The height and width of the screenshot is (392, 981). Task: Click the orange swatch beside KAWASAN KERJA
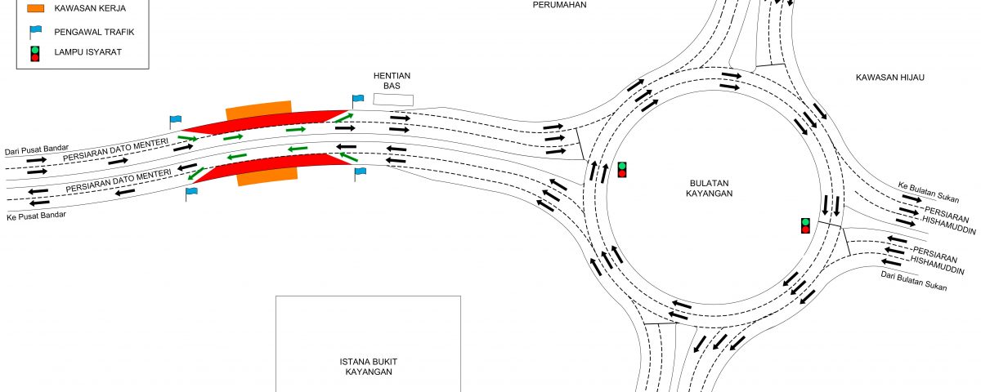tap(35, 8)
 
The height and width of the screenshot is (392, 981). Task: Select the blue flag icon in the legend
tap(35, 32)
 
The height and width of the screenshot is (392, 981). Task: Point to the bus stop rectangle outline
tap(393, 99)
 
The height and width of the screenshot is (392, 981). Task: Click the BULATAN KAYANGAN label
tap(709, 188)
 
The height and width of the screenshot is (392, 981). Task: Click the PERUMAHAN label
tap(559, 4)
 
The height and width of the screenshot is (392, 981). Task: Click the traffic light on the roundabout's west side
tap(622, 170)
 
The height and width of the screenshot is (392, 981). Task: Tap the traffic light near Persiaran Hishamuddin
tap(805, 225)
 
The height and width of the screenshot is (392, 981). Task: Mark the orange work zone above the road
tap(258, 109)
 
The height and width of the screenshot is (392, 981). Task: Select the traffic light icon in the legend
tap(35, 54)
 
